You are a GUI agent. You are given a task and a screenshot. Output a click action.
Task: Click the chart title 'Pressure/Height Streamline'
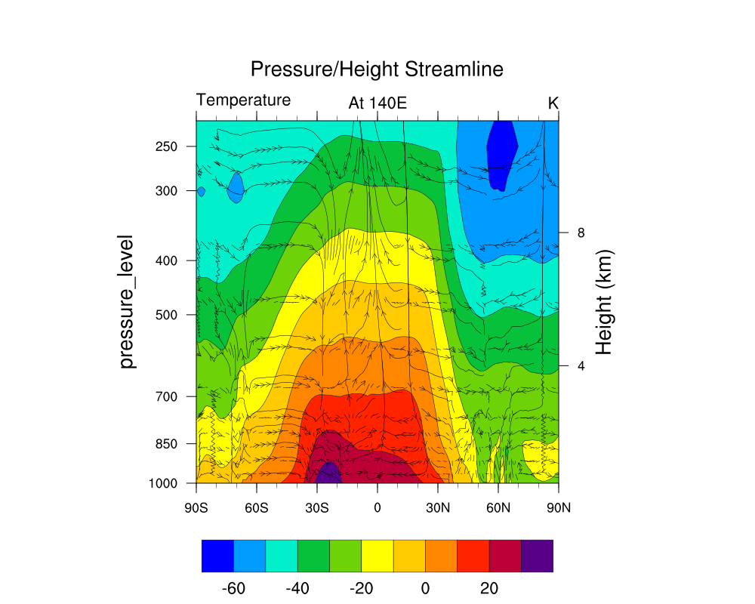[x=377, y=69]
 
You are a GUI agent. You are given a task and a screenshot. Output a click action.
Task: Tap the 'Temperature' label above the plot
[x=243, y=100]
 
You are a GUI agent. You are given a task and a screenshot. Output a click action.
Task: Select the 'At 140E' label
[x=377, y=103]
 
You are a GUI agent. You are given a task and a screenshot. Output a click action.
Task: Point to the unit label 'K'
[x=553, y=103]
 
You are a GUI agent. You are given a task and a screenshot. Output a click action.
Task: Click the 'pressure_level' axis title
[x=128, y=301]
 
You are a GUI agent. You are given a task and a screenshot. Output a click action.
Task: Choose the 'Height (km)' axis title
[x=603, y=302]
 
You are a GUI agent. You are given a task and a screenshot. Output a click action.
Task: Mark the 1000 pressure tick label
[x=165, y=483]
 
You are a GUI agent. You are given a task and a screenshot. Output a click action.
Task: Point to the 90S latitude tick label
[x=196, y=507]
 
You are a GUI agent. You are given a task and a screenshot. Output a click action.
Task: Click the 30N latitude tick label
[x=438, y=507]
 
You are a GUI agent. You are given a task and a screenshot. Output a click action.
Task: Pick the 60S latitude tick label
[x=257, y=507]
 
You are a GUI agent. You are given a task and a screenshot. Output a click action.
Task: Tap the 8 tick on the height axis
[x=581, y=233]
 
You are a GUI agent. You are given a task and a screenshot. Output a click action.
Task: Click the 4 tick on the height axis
[x=581, y=366]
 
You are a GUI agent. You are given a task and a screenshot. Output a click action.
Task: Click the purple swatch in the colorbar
[x=537, y=556]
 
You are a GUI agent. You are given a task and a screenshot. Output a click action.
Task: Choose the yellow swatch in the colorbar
[x=377, y=556]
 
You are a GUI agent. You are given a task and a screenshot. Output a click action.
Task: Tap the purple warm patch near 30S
[x=328, y=475]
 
